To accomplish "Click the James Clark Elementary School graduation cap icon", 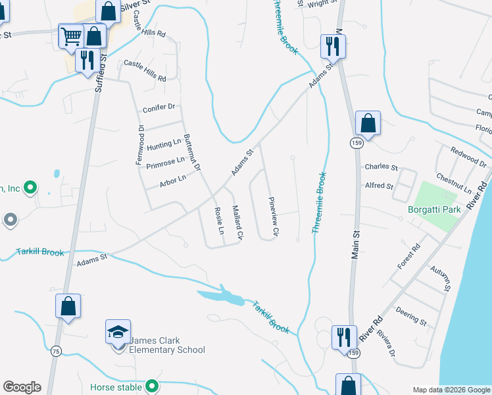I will [x=118, y=331].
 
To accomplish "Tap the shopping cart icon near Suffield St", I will [x=71, y=36].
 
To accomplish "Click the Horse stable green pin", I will [x=153, y=386].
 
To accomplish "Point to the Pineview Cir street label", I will [x=272, y=217].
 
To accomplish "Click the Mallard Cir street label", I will [x=237, y=223].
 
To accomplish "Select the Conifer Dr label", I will [x=159, y=107].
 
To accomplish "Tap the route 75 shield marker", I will [x=56, y=352].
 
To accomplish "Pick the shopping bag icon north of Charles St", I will [x=368, y=122].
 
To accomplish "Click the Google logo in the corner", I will [x=22, y=387].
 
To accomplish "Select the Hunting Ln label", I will [x=164, y=144].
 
